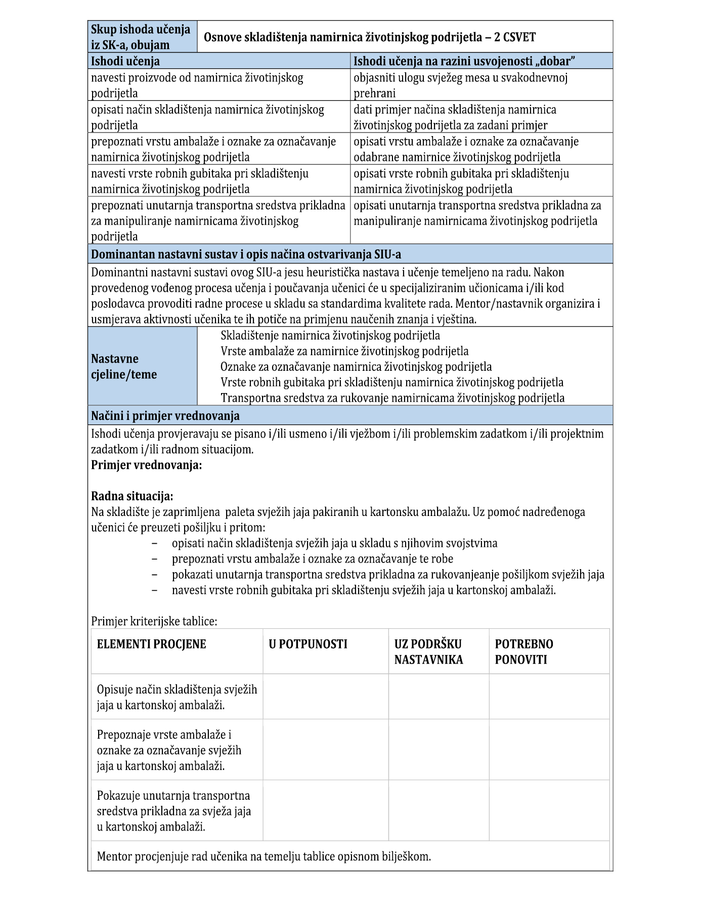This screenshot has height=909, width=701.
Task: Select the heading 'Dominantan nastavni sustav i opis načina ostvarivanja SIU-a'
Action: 246,254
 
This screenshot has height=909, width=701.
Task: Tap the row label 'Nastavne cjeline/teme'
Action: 124,366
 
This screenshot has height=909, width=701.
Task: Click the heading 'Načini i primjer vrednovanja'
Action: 165,416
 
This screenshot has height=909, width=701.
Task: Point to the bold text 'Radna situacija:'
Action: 132,496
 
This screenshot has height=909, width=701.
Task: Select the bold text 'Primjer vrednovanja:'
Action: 146,465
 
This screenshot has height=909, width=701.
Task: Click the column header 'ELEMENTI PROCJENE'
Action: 151,644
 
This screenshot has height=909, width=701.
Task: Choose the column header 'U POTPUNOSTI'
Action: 308,644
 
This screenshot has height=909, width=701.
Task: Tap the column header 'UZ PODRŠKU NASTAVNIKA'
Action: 428,652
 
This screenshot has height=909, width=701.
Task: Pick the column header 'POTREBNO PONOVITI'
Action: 523,652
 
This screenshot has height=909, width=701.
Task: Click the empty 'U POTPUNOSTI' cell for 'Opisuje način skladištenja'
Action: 325,697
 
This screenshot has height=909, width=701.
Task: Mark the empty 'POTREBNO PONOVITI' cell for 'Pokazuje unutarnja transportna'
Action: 549,810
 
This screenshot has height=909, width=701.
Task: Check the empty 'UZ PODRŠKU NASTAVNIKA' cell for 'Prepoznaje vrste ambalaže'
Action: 439,749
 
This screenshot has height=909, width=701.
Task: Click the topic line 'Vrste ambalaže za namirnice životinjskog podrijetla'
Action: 344,351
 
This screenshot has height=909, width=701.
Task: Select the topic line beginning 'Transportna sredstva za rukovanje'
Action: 392,398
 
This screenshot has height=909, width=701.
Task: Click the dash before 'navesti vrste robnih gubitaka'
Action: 155,590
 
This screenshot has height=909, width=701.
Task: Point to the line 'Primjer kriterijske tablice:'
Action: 154,621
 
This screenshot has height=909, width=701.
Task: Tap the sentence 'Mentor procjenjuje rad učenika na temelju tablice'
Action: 264,856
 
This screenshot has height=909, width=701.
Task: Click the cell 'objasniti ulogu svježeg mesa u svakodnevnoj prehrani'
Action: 460,85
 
